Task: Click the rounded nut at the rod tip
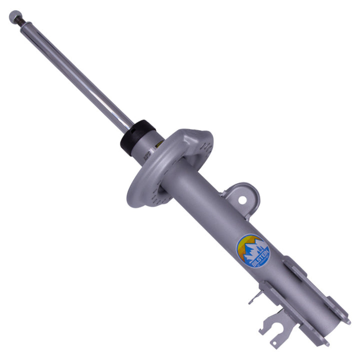[x=13, y=16]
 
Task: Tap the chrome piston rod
[x=75, y=72]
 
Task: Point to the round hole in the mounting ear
[x=242, y=200]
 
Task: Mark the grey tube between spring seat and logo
[x=210, y=205]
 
